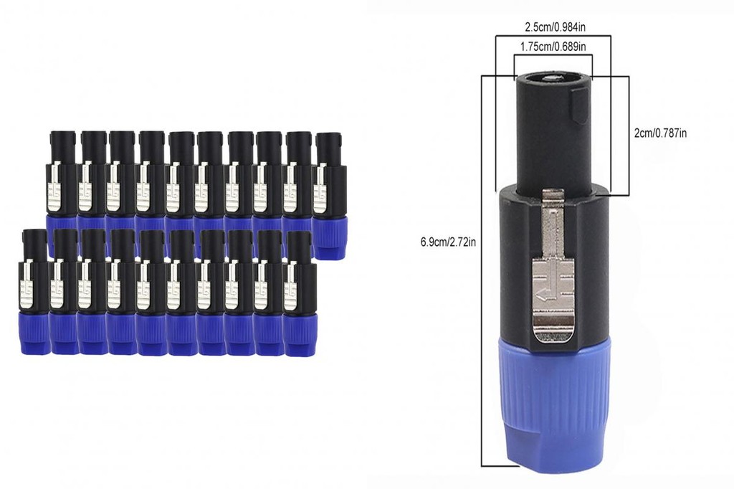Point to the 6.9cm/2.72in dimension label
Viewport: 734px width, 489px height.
point(449,242)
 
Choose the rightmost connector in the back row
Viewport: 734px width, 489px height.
point(330,194)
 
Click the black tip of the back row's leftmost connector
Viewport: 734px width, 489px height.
point(61,146)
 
